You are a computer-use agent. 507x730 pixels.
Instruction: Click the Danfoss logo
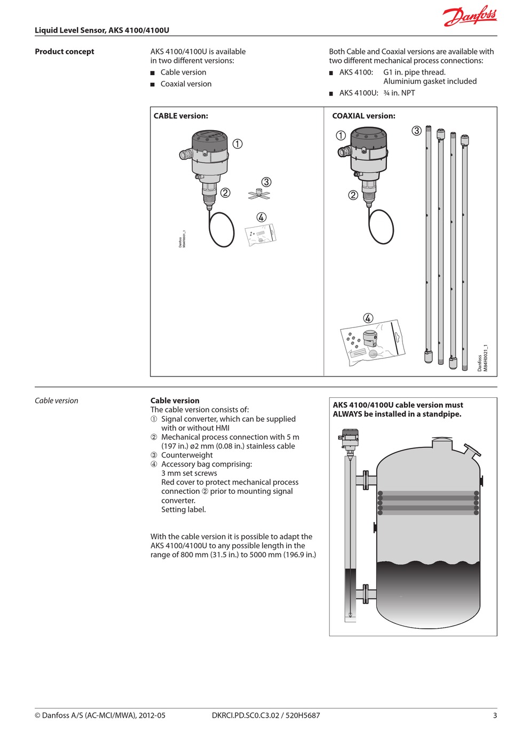[470, 16]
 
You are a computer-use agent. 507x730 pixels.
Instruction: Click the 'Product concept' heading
[65, 52]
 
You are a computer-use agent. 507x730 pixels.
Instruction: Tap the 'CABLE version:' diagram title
[181, 116]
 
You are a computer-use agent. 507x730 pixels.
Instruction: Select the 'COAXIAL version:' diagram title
[363, 116]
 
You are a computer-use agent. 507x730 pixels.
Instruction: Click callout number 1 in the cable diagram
[237, 144]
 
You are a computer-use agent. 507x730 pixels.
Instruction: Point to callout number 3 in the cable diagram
[266, 182]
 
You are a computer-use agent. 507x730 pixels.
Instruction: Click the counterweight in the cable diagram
[259, 194]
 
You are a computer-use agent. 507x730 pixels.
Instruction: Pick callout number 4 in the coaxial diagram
[368, 318]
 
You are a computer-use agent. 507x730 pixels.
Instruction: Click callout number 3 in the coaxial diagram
[417, 131]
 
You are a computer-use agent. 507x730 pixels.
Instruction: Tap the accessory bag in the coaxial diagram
[372, 342]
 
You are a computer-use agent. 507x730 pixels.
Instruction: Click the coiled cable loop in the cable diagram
[221, 229]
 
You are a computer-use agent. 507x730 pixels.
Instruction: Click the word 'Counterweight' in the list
[187, 455]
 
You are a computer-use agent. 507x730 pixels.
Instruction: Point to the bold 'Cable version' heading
[175, 400]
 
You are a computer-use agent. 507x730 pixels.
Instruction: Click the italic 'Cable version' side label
[57, 400]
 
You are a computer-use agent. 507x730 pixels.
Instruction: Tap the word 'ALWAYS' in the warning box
[347, 414]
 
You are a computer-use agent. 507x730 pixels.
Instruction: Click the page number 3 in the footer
[495, 716]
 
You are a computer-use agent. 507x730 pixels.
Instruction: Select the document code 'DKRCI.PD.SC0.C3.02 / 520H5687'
[266, 716]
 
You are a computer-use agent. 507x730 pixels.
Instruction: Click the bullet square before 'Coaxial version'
[153, 84]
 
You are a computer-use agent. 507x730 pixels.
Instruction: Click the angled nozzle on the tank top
[472, 450]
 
